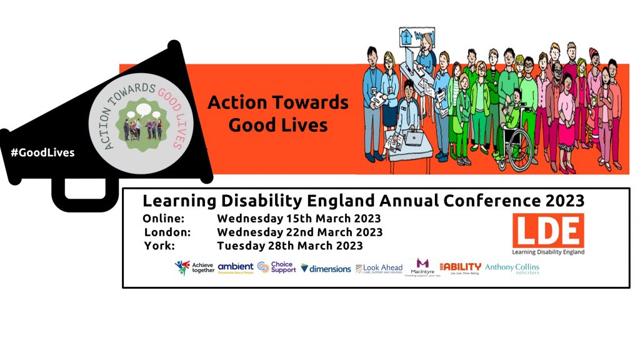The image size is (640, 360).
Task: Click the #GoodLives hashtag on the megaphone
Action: click(x=42, y=152)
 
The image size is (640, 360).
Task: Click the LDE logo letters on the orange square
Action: click(x=548, y=230)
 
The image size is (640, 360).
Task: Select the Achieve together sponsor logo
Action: click(x=194, y=267)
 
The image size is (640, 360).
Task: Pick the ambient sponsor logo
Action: click(x=236, y=267)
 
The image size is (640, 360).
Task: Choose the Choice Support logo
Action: click(x=276, y=267)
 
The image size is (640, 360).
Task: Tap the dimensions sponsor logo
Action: click(x=326, y=268)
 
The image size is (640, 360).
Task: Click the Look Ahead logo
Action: click(x=379, y=268)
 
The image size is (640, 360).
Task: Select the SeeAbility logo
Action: click(x=460, y=267)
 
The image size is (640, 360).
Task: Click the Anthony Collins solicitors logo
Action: click(x=512, y=267)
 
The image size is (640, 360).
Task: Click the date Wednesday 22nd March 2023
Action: click(x=299, y=232)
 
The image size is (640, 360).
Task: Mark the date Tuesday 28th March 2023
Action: click(x=289, y=246)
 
